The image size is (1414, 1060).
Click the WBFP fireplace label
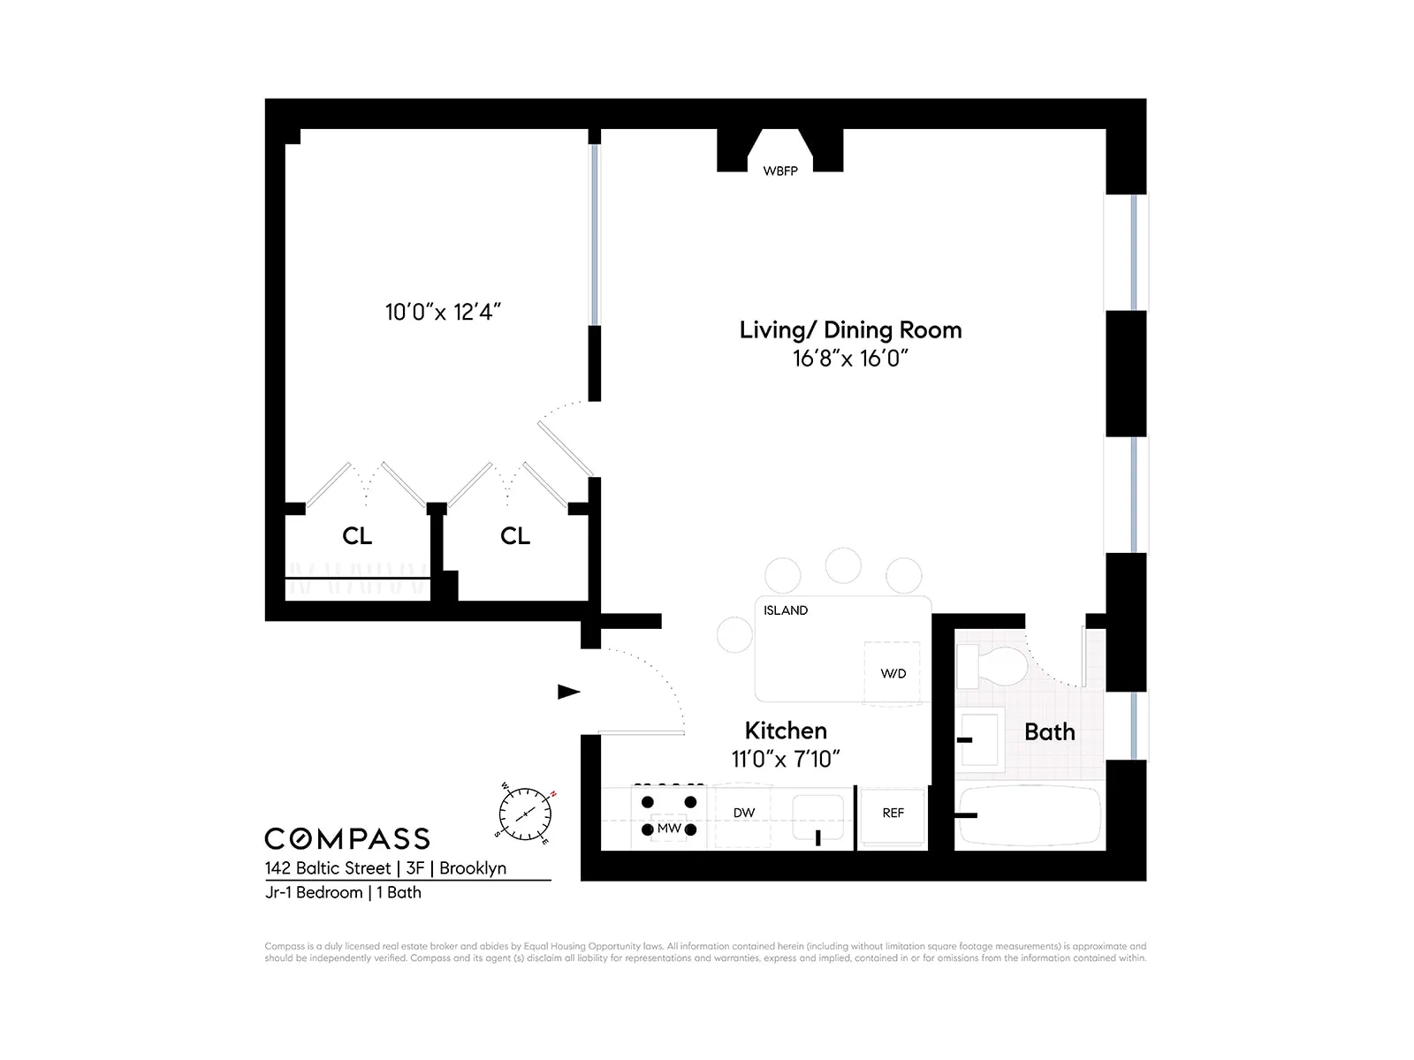pos(779,170)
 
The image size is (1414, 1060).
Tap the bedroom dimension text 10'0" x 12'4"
pos(443,312)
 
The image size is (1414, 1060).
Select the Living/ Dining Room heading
pos(850,329)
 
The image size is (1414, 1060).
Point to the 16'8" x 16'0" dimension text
pos(850,358)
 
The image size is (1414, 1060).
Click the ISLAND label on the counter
pos(786,610)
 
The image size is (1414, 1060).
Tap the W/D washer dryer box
pos(893,673)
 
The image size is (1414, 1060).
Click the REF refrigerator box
pos(893,814)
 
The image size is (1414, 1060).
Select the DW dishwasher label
pos(744,813)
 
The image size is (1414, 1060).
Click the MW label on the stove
pos(669,829)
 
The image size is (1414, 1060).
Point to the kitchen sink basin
pos(817,818)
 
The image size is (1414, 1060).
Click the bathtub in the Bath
pos(1030,814)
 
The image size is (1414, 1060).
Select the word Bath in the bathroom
pos(1049,731)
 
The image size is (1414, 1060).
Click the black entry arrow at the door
pos(568,692)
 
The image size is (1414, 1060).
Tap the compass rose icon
pos(525,813)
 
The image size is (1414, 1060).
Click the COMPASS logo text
pos(347,838)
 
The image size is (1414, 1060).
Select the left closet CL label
pos(357,536)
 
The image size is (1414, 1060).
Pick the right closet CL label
pos(515,536)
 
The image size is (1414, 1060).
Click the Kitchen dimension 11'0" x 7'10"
pos(785,759)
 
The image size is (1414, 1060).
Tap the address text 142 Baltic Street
pos(327,868)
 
